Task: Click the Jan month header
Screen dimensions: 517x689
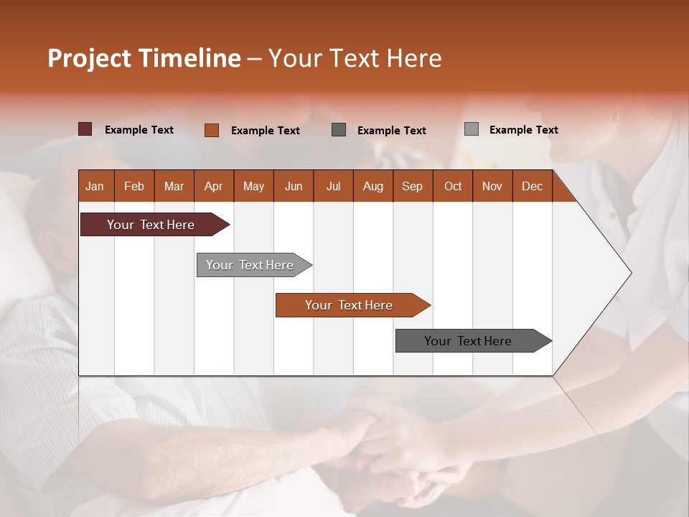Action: pyautogui.click(x=95, y=186)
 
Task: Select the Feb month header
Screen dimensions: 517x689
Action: pyautogui.click(x=134, y=186)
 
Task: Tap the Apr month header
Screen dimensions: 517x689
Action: pyautogui.click(x=213, y=186)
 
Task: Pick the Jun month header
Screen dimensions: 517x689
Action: pyautogui.click(x=294, y=186)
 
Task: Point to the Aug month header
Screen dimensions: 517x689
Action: pyautogui.click(x=372, y=186)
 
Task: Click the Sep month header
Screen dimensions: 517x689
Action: pyautogui.click(x=412, y=186)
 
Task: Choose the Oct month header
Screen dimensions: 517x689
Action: pyautogui.click(x=453, y=186)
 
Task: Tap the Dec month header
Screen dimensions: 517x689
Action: pyautogui.click(x=532, y=186)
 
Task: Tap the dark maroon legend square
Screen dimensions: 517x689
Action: pyautogui.click(x=85, y=129)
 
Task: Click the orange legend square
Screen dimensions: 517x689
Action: pyautogui.click(x=212, y=130)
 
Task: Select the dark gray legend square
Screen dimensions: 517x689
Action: pyautogui.click(x=339, y=130)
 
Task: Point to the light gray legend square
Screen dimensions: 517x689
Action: pyautogui.click(x=472, y=129)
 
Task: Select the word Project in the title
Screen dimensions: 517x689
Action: pyautogui.click(x=88, y=58)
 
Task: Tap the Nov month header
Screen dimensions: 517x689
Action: pyautogui.click(x=492, y=186)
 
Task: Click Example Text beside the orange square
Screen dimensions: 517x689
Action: pyautogui.click(x=265, y=131)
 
